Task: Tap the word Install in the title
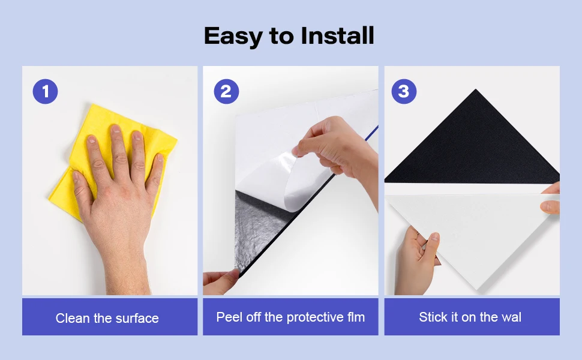(x=337, y=36)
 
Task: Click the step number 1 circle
(x=45, y=91)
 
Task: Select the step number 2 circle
(x=226, y=91)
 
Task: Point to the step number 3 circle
(x=404, y=91)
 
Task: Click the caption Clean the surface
(x=107, y=318)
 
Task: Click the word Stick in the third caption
(x=433, y=317)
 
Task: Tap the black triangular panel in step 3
(x=474, y=147)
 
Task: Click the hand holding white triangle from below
(x=417, y=258)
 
